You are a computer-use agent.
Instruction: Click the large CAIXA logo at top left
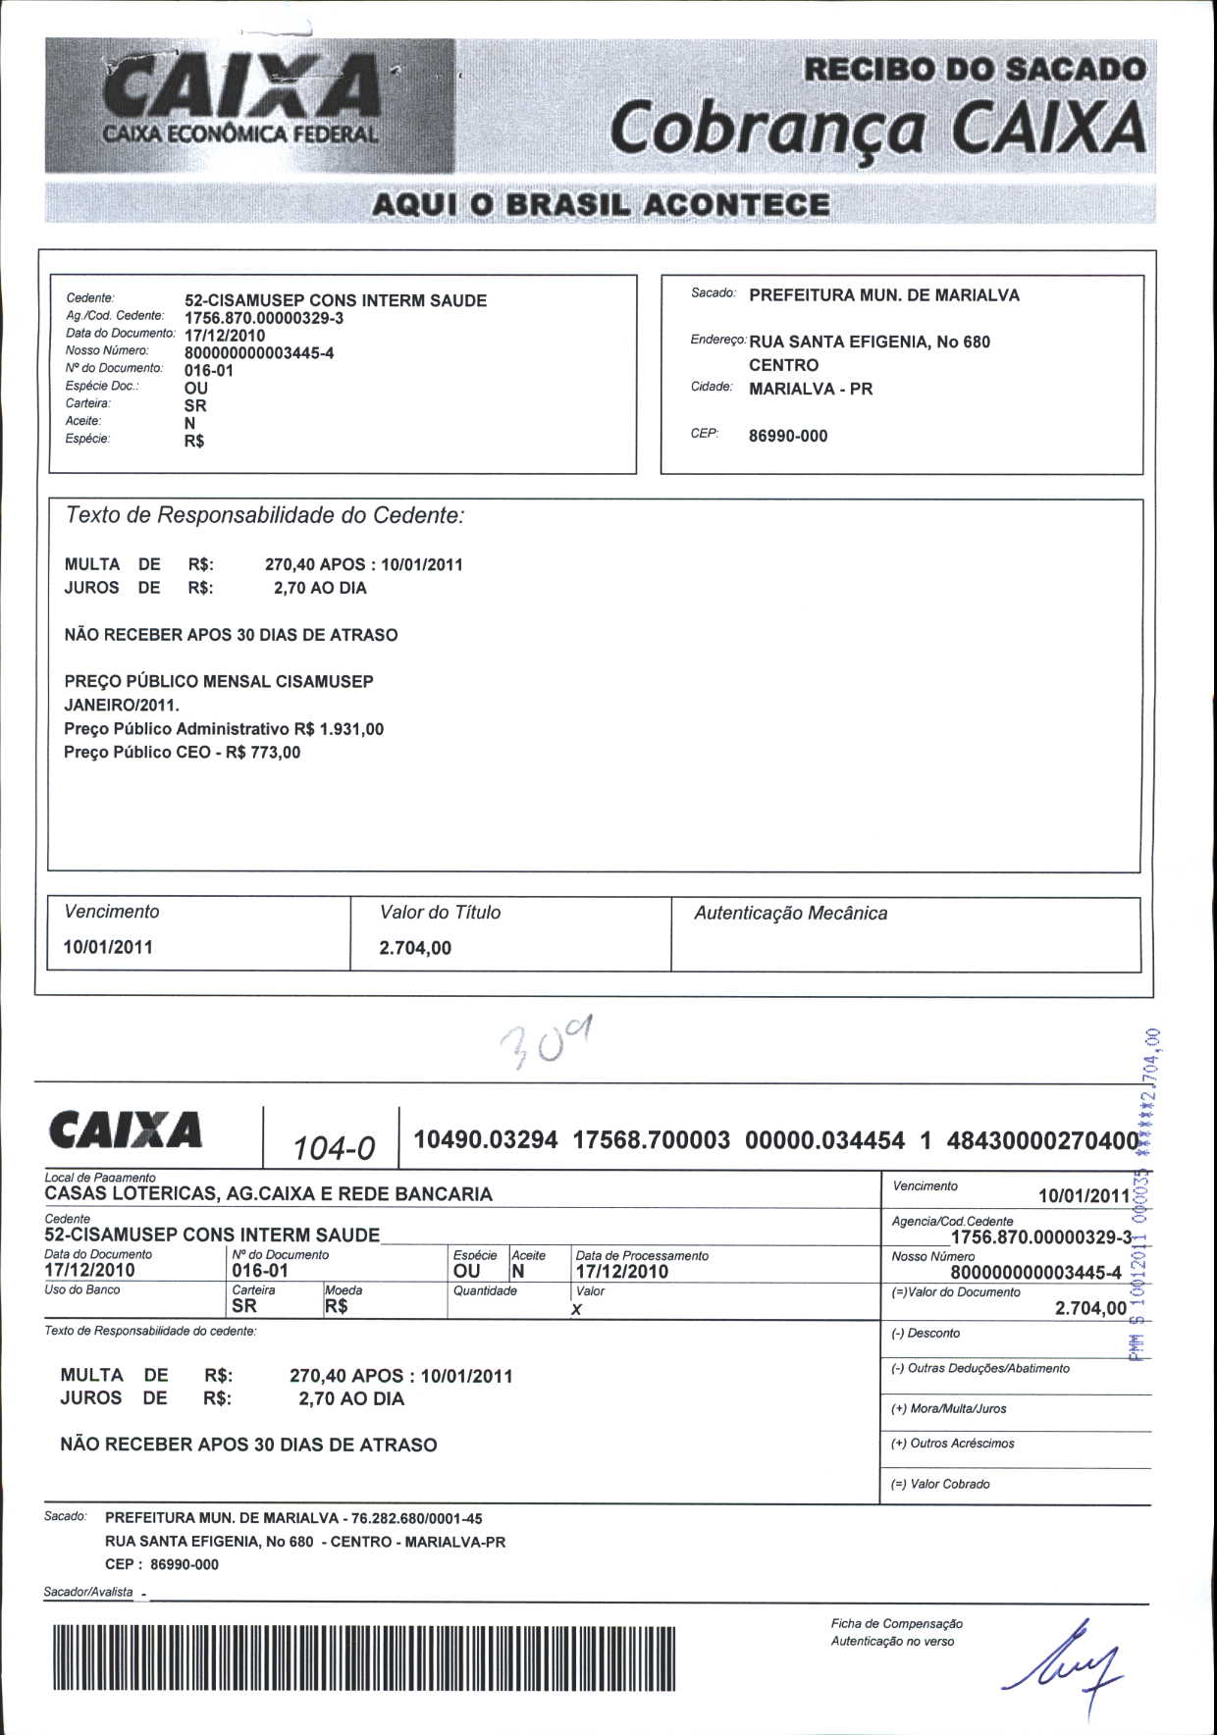pyautogui.click(x=245, y=98)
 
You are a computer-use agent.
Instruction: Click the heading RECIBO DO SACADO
pyautogui.click(x=975, y=70)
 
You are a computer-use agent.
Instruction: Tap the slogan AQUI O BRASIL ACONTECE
pyautogui.click(x=601, y=205)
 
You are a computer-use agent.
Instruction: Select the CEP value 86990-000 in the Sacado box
pyautogui.click(x=788, y=436)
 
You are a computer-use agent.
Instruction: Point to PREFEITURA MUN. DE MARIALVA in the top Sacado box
pyautogui.click(x=884, y=295)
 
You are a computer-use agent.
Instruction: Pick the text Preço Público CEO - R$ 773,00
pyautogui.click(x=183, y=753)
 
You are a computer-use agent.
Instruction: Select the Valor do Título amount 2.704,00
pyautogui.click(x=415, y=948)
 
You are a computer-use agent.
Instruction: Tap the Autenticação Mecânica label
pyautogui.click(x=790, y=914)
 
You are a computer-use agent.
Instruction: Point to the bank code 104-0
pyautogui.click(x=334, y=1146)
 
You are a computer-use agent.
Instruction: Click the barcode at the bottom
pyautogui.click(x=364, y=1658)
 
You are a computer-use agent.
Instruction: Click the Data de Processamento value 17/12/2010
pyautogui.click(x=621, y=1272)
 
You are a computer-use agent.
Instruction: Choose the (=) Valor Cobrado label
pyautogui.click(x=940, y=1484)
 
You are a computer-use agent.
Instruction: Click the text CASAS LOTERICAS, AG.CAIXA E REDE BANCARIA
pyautogui.click(x=268, y=1194)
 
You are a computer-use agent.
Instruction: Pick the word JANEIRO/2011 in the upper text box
pyautogui.click(x=121, y=705)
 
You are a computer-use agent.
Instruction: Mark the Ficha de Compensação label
pyautogui.click(x=896, y=1624)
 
